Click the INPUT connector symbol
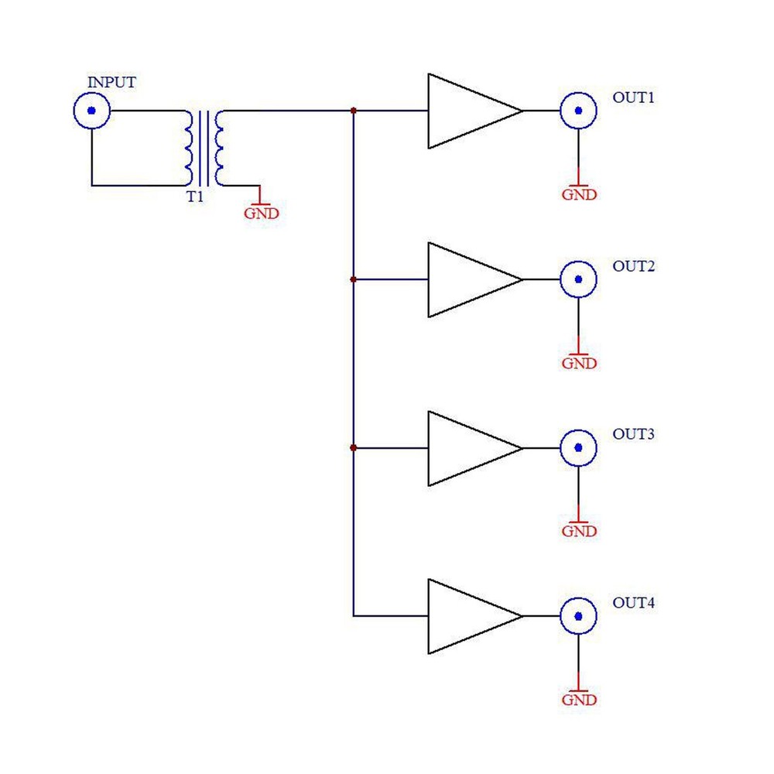click(x=92, y=111)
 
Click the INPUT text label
click(x=111, y=83)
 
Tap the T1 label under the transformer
click(x=194, y=197)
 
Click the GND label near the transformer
click(x=261, y=214)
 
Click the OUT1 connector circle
click(x=578, y=111)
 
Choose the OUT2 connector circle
click(x=578, y=279)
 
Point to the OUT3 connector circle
click(x=578, y=448)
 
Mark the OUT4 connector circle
click(x=578, y=616)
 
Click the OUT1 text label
click(x=634, y=98)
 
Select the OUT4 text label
click(x=634, y=603)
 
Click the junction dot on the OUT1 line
click(x=354, y=111)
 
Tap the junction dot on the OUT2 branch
click(x=354, y=279)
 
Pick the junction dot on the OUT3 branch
click(x=354, y=448)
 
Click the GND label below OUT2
click(x=579, y=363)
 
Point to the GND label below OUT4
click(x=579, y=700)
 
